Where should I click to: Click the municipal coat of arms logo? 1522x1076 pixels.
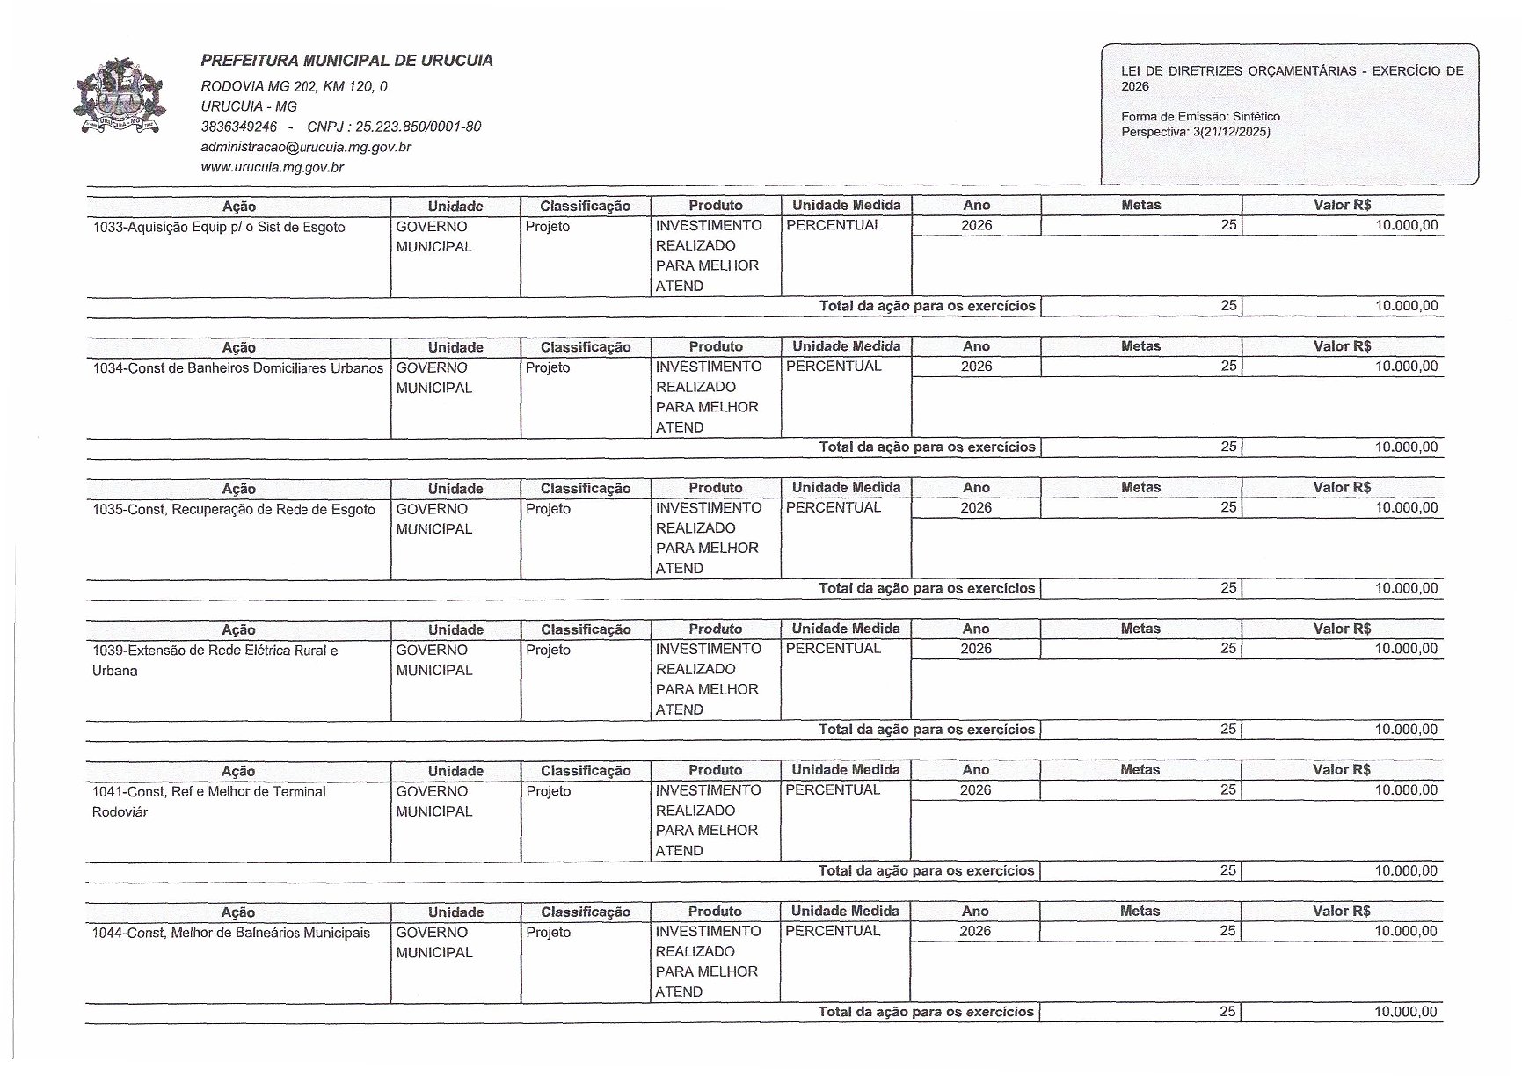point(120,97)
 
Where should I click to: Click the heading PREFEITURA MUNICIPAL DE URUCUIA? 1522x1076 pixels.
point(346,61)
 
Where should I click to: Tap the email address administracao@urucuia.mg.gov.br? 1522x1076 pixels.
point(306,147)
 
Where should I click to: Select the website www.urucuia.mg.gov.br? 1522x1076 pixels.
point(272,167)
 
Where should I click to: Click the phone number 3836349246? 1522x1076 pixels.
point(239,127)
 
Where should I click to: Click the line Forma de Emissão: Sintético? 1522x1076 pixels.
point(1200,116)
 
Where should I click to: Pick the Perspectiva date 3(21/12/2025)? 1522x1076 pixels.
point(1230,132)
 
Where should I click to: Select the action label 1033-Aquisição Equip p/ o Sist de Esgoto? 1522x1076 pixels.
point(219,227)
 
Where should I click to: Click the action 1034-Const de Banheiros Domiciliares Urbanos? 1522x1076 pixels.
point(238,367)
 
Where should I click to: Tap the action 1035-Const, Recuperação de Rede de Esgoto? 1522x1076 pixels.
point(234,509)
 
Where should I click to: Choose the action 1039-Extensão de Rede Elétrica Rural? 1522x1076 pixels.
point(215,651)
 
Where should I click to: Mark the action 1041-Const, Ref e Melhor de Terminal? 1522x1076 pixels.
point(209,791)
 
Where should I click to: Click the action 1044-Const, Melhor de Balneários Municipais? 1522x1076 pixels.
point(231,933)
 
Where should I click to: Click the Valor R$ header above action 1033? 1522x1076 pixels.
point(1342,205)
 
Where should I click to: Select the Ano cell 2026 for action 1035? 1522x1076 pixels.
point(976,507)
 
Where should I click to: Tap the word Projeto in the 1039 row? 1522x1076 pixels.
point(548,650)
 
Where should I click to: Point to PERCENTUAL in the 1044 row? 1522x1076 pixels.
point(832,931)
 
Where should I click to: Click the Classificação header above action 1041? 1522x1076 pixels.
point(586,770)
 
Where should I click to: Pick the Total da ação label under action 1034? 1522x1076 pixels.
point(927,447)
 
